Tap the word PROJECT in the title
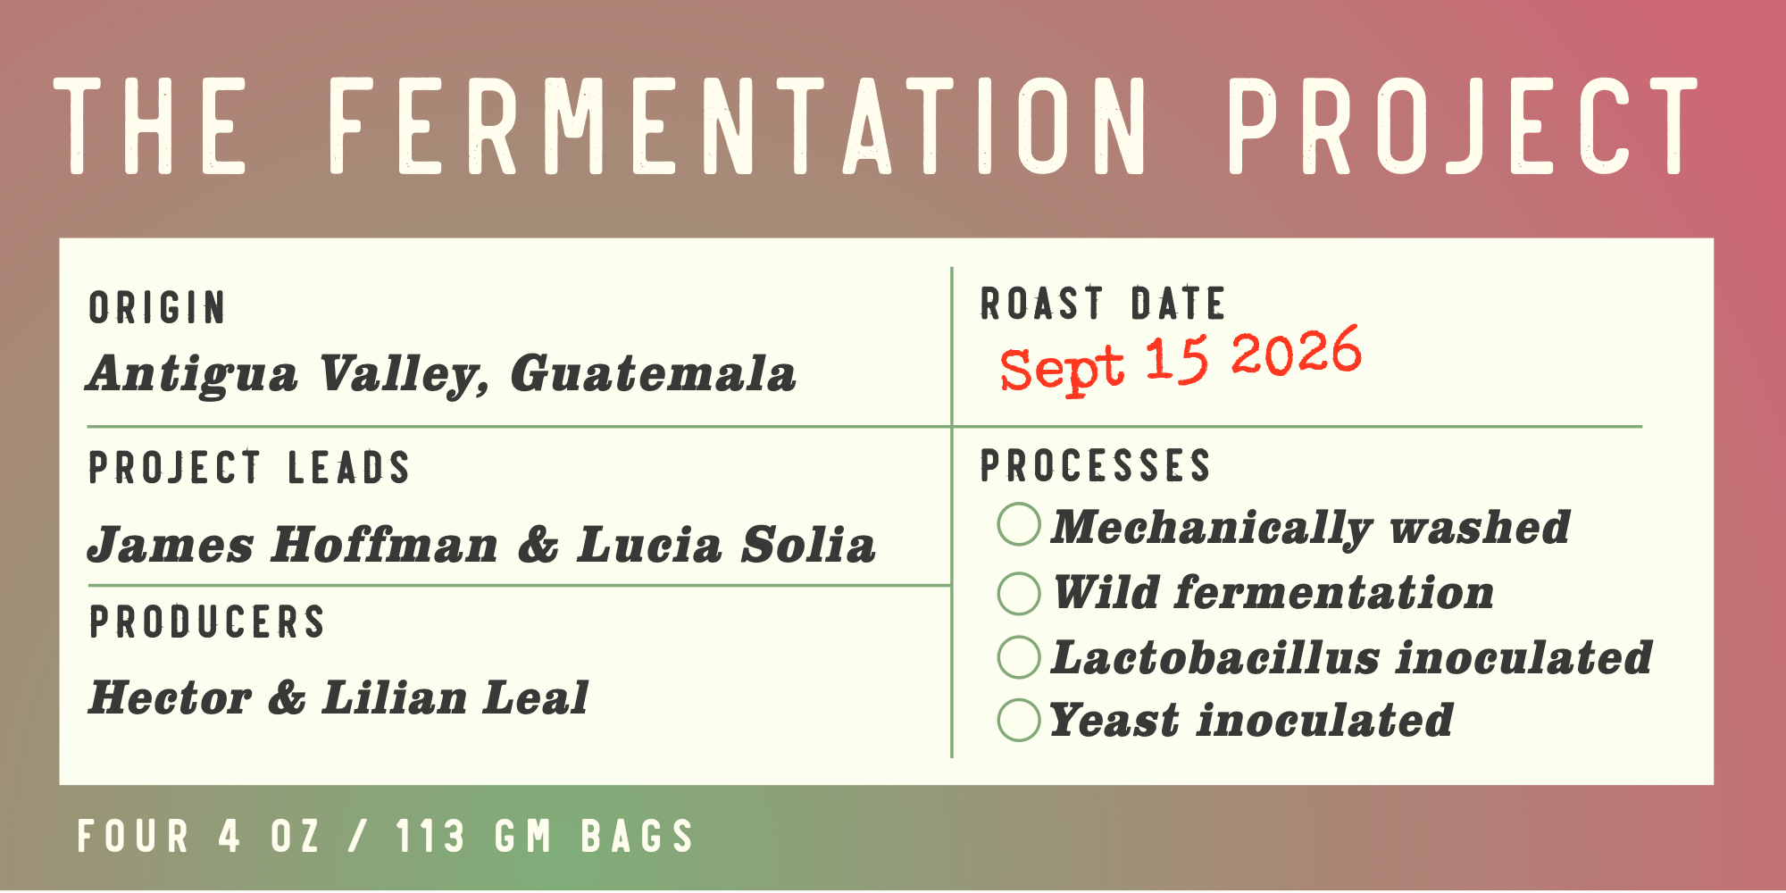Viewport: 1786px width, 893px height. [x=1463, y=125]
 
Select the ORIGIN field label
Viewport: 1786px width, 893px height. [x=157, y=308]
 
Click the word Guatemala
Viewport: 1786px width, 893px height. [x=653, y=374]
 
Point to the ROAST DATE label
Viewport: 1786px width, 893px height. [x=1103, y=304]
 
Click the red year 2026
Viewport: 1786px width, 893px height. [x=1297, y=352]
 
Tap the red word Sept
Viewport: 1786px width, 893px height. [x=1062, y=368]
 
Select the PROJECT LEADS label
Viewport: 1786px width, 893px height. [x=249, y=467]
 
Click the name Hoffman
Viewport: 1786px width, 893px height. [x=385, y=545]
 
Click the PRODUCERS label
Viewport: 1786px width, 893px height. [x=207, y=622]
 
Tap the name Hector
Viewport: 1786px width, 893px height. [x=170, y=697]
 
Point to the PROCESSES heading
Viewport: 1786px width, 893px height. [x=1096, y=465]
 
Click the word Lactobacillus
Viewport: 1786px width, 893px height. [x=1214, y=657]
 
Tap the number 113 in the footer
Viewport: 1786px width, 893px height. [x=430, y=837]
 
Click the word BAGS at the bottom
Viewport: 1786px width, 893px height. [x=638, y=837]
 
